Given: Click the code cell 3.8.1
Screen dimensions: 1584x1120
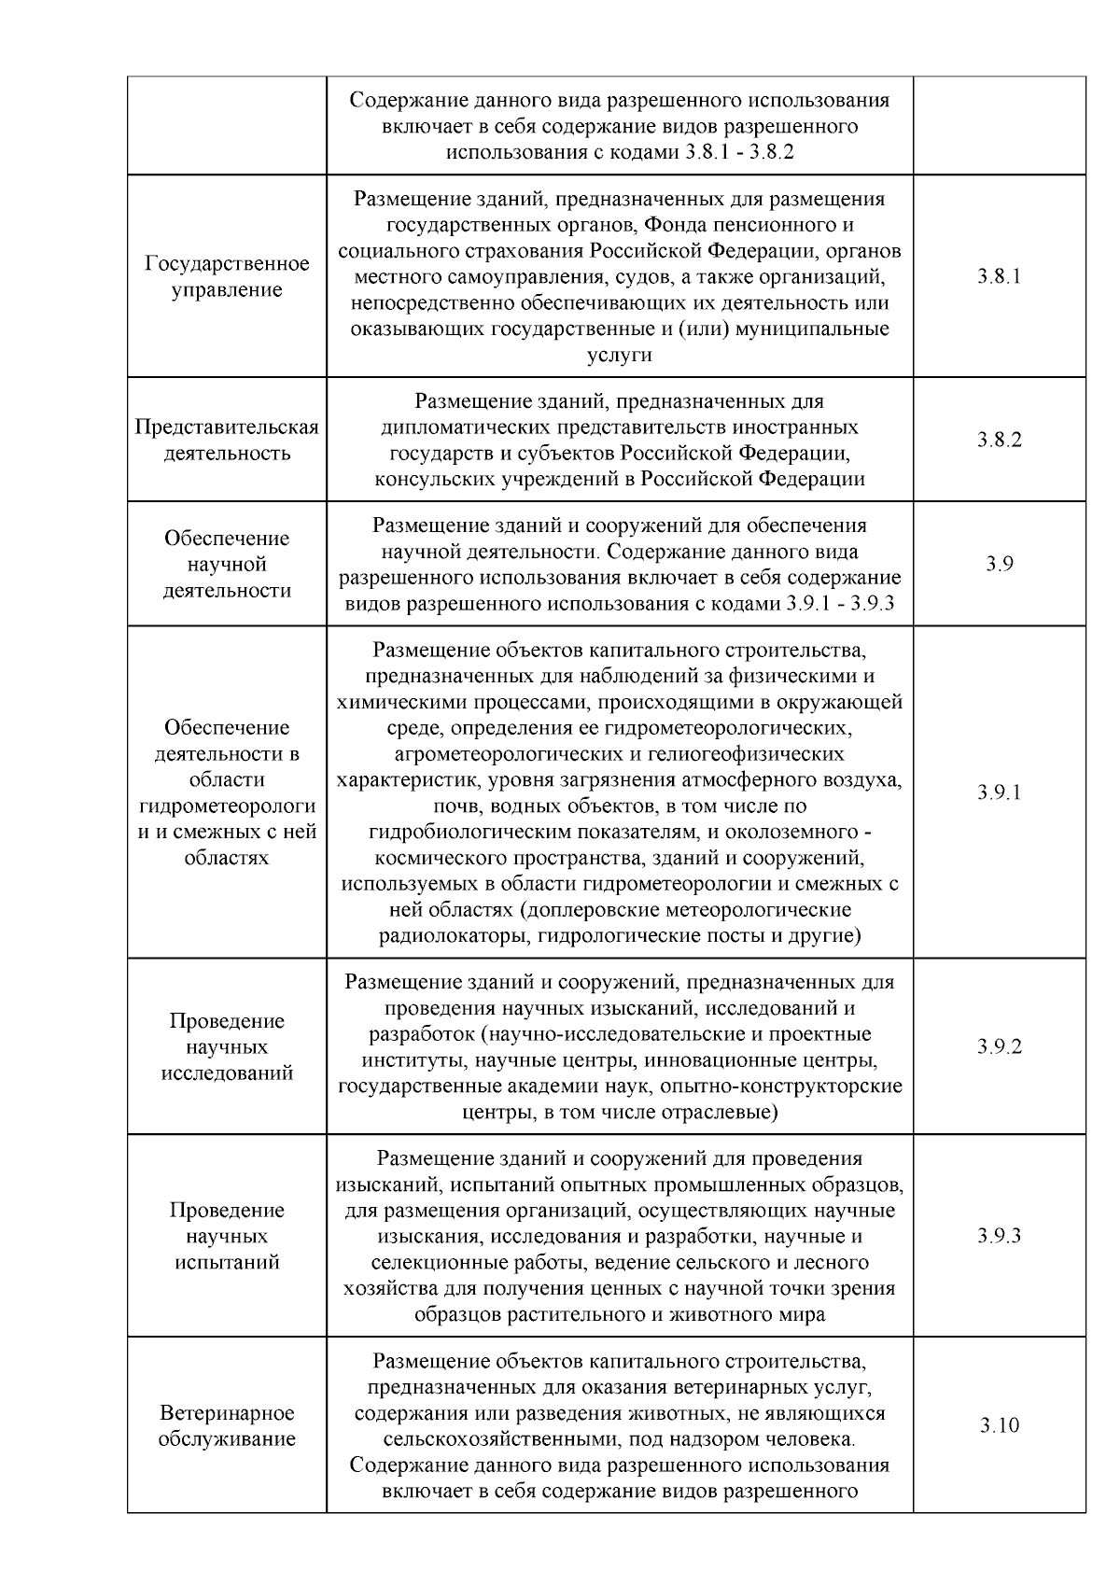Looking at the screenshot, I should pyautogui.click(x=999, y=276).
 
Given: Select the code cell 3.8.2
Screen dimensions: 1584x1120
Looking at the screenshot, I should pyautogui.click(x=999, y=440).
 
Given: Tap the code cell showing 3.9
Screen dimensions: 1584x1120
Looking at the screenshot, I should pyautogui.click(x=999, y=564).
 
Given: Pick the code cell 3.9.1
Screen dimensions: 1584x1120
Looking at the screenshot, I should pyautogui.click(x=999, y=792).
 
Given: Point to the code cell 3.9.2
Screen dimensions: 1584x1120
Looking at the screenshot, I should pyautogui.click(x=999, y=1046).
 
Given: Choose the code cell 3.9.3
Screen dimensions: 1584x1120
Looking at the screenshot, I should pyautogui.click(x=999, y=1236).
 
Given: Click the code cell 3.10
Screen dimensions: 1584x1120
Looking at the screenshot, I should pyautogui.click(x=999, y=1425).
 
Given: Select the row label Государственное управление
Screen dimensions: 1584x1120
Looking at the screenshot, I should pyautogui.click(x=227, y=276).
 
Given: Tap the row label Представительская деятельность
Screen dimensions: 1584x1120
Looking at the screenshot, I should pyautogui.click(x=227, y=440).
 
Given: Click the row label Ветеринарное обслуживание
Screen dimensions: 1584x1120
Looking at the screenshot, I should pyautogui.click(x=227, y=1425).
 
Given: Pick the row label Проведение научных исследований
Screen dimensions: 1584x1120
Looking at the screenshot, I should pyautogui.click(x=227, y=1046).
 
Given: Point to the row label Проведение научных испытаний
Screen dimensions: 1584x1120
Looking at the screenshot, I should pyautogui.click(x=227, y=1236).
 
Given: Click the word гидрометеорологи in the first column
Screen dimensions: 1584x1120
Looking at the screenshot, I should pyautogui.click(x=227, y=806).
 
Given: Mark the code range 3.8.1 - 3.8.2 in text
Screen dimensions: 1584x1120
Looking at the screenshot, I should pyautogui.click(x=738, y=151).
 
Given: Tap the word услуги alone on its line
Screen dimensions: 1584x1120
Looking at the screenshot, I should pyautogui.click(x=619, y=355).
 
